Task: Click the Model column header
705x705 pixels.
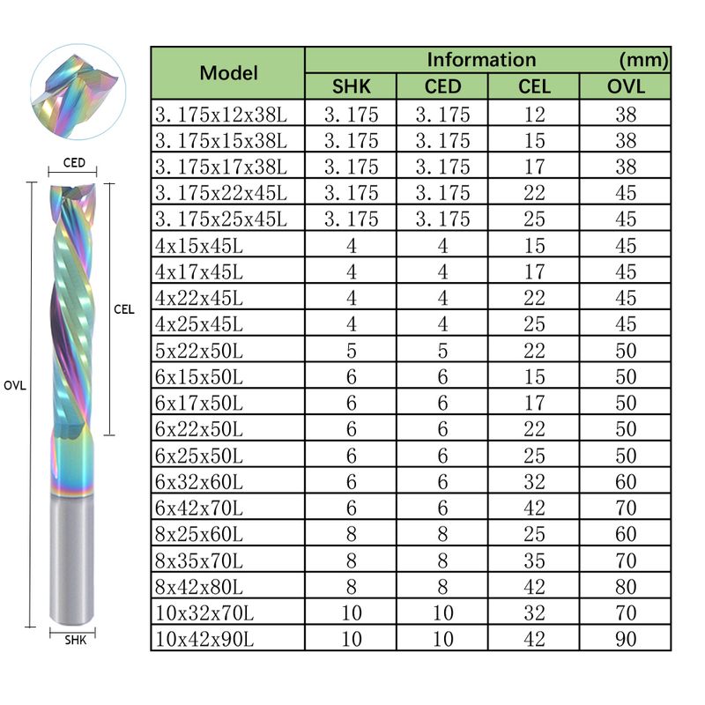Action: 228,73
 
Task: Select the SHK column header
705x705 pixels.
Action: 351,86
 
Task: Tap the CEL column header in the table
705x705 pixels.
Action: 534,86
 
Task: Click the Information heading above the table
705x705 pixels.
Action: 481,59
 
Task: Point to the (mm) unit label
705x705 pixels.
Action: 644,60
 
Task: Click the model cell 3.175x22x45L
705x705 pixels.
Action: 221,193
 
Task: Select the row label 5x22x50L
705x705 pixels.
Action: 199,351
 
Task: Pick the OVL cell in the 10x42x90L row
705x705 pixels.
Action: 626,639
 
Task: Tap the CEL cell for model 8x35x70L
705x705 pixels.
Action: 534,560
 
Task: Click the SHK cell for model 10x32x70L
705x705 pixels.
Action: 351,612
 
